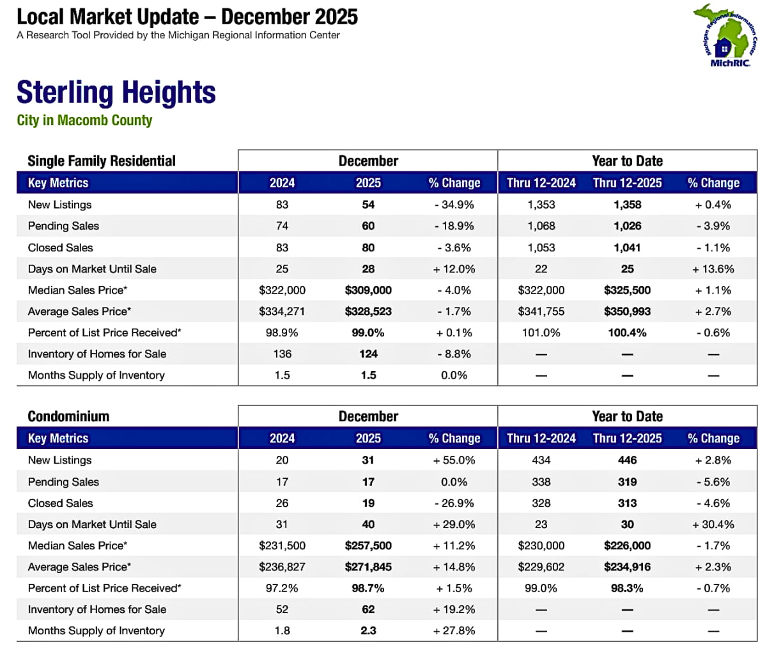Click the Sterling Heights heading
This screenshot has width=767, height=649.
click(116, 93)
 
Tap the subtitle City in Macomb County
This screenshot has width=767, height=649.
click(84, 120)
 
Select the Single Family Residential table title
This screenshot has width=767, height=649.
click(101, 160)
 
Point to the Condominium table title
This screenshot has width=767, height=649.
click(68, 416)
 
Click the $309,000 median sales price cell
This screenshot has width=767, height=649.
click(368, 290)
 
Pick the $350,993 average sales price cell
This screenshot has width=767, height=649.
click(627, 311)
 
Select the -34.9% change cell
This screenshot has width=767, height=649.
click(454, 205)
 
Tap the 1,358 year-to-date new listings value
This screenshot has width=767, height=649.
click(627, 205)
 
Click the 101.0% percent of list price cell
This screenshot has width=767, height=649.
click(541, 332)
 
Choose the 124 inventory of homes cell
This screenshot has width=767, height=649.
click(368, 354)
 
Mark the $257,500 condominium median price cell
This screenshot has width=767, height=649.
click(368, 545)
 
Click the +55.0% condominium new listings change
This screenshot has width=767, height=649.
click(454, 460)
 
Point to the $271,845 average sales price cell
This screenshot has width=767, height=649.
click(368, 567)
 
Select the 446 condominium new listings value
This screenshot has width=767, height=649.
click(627, 460)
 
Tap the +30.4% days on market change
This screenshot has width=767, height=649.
click(713, 524)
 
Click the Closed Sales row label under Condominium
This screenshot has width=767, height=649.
click(60, 503)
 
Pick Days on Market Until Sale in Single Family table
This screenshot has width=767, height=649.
click(92, 269)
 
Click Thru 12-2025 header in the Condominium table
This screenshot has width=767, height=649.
click(627, 439)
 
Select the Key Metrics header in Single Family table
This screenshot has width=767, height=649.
click(58, 183)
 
